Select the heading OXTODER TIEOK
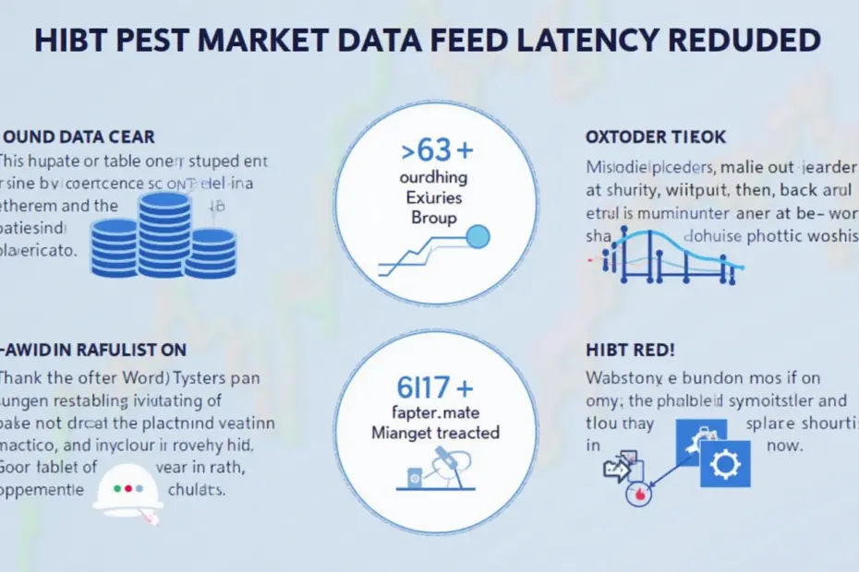(656, 137)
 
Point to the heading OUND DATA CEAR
(79, 137)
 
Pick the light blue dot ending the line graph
(478, 237)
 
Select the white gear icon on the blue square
(725, 463)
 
